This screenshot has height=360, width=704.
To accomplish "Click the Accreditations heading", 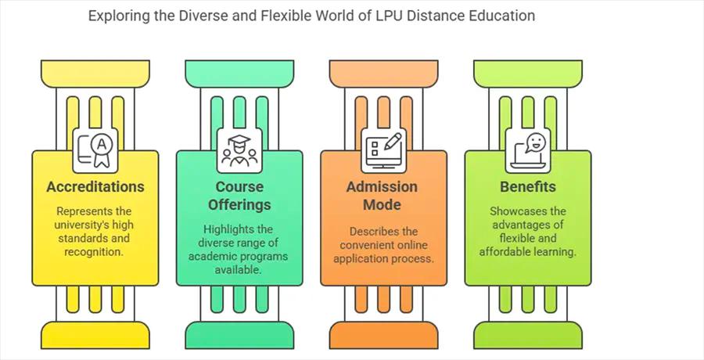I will tap(95, 187).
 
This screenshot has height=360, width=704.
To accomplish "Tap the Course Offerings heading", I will tap(239, 196).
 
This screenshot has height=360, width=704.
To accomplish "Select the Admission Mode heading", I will tap(383, 196).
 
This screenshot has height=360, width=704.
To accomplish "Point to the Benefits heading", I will tap(528, 187).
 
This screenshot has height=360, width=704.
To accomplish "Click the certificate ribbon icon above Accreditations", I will tap(95, 149).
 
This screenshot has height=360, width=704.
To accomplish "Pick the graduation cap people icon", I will tap(239, 149).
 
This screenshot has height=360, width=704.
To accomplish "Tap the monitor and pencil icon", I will tap(383, 149).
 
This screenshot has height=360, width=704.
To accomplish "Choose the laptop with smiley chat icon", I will tap(527, 149).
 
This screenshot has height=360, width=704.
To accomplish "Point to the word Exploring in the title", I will tap(117, 16).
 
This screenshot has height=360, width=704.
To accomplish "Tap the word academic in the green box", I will tap(223, 256).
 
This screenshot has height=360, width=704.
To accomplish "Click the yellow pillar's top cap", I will tap(95, 74).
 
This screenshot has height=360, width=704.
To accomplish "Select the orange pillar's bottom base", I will tap(383, 334).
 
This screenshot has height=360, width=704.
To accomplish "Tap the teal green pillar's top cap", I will tap(239, 74).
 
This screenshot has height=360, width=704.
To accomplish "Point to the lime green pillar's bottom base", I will tap(527, 334).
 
